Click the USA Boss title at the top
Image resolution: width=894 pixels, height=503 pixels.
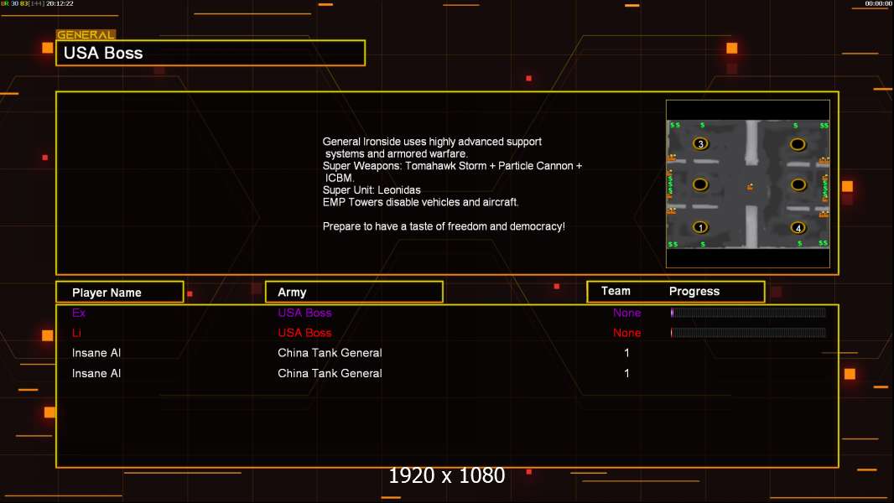pyautogui.click(x=103, y=53)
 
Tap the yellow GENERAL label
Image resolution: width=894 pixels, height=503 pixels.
pyautogui.click(x=86, y=34)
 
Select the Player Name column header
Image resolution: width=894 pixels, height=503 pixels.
pyautogui.click(x=107, y=293)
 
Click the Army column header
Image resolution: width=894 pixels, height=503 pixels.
pyautogui.click(x=292, y=293)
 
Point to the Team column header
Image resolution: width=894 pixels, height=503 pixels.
pyautogui.click(x=616, y=291)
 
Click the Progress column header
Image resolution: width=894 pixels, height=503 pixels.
pyautogui.click(x=694, y=291)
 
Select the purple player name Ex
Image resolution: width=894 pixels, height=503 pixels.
pyautogui.click(x=79, y=313)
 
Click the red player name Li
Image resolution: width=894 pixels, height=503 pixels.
pyautogui.click(x=76, y=333)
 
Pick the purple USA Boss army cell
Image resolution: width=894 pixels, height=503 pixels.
pyautogui.click(x=304, y=313)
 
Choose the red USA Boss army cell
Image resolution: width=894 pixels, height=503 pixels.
pyautogui.click(x=304, y=333)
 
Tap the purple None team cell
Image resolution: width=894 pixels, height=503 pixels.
pyautogui.click(x=626, y=313)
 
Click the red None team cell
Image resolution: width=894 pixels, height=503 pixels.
pyautogui.click(x=626, y=333)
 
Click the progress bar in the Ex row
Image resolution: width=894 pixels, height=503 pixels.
pyautogui.click(x=748, y=312)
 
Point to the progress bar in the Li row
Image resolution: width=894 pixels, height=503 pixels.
pyautogui.click(x=748, y=333)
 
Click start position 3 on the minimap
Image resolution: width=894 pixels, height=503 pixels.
pyautogui.click(x=701, y=143)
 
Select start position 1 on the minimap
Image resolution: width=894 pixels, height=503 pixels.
pyautogui.click(x=700, y=227)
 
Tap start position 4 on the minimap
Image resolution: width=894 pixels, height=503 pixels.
pyautogui.click(x=798, y=228)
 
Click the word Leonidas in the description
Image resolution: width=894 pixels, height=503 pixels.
pyautogui.click(x=399, y=190)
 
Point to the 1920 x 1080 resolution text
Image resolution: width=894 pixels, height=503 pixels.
pyautogui.click(x=447, y=475)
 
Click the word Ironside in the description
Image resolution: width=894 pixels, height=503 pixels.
pyautogui.click(x=382, y=142)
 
